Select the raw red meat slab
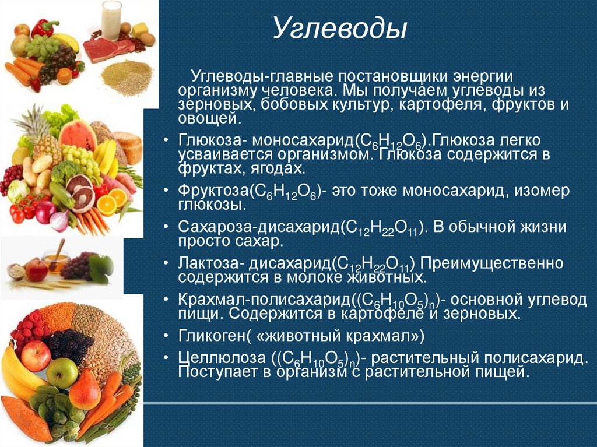[x=105, y=50]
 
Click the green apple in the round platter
[x=62, y=372]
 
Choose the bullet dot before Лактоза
[x=167, y=263]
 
